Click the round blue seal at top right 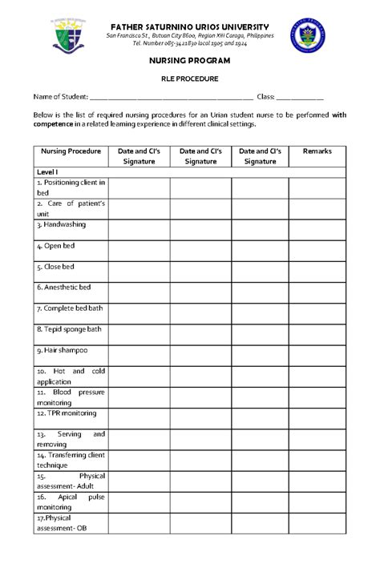(308, 35)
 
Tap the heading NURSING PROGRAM (191, 61)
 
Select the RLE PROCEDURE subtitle (191, 79)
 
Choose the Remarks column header (317, 151)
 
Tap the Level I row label (48, 172)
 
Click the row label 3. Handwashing (61, 225)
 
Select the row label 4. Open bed (55, 246)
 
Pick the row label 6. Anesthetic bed (63, 287)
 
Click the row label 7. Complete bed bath (69, 308)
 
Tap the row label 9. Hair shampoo (62, 350)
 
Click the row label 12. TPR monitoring (66, 413)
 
